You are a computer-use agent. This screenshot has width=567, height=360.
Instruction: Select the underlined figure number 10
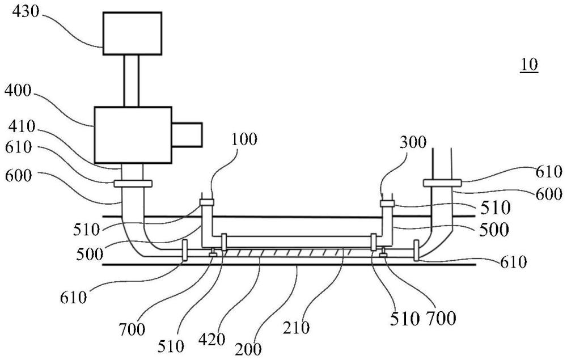pyautogui.click(x=530, y=65)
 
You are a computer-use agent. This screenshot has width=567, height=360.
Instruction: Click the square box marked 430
pyautogui.click(x=132, y=33)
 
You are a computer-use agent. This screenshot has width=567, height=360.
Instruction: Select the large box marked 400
pyautogui.click(x=133, y=134)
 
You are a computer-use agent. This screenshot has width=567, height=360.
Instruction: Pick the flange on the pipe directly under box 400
pyautogui.click(x=133, y=183)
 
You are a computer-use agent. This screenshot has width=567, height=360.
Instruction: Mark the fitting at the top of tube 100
pyautogui.click(x=206, y=202)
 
